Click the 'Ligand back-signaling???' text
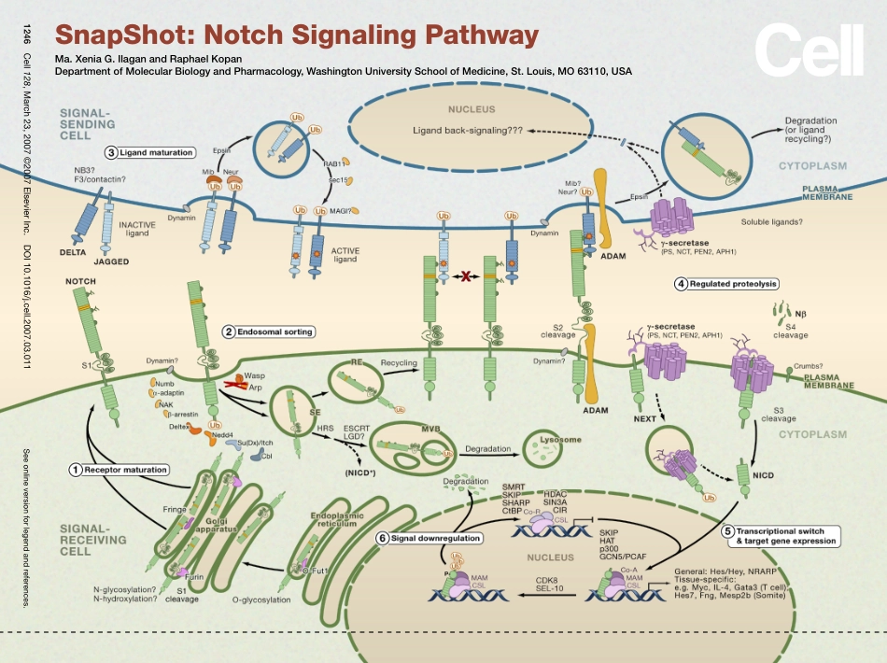(467, 131)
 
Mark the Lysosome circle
(552, 449)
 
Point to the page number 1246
(26, 37)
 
